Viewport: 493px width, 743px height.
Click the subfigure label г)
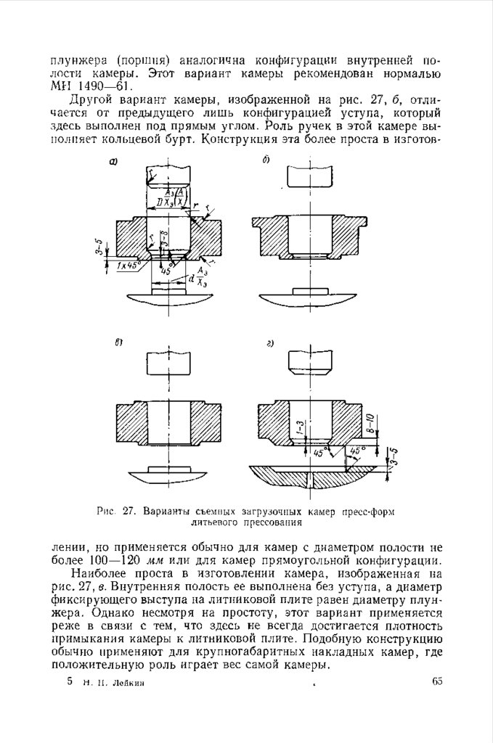pos(269,343)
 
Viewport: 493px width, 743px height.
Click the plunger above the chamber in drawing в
pos(168,363)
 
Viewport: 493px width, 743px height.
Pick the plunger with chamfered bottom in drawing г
pos(310,361)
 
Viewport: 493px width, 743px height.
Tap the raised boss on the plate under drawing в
pos(168,470)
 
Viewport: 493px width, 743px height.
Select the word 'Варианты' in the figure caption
pos(165,510)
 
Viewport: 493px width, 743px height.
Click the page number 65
pos(436,681)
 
